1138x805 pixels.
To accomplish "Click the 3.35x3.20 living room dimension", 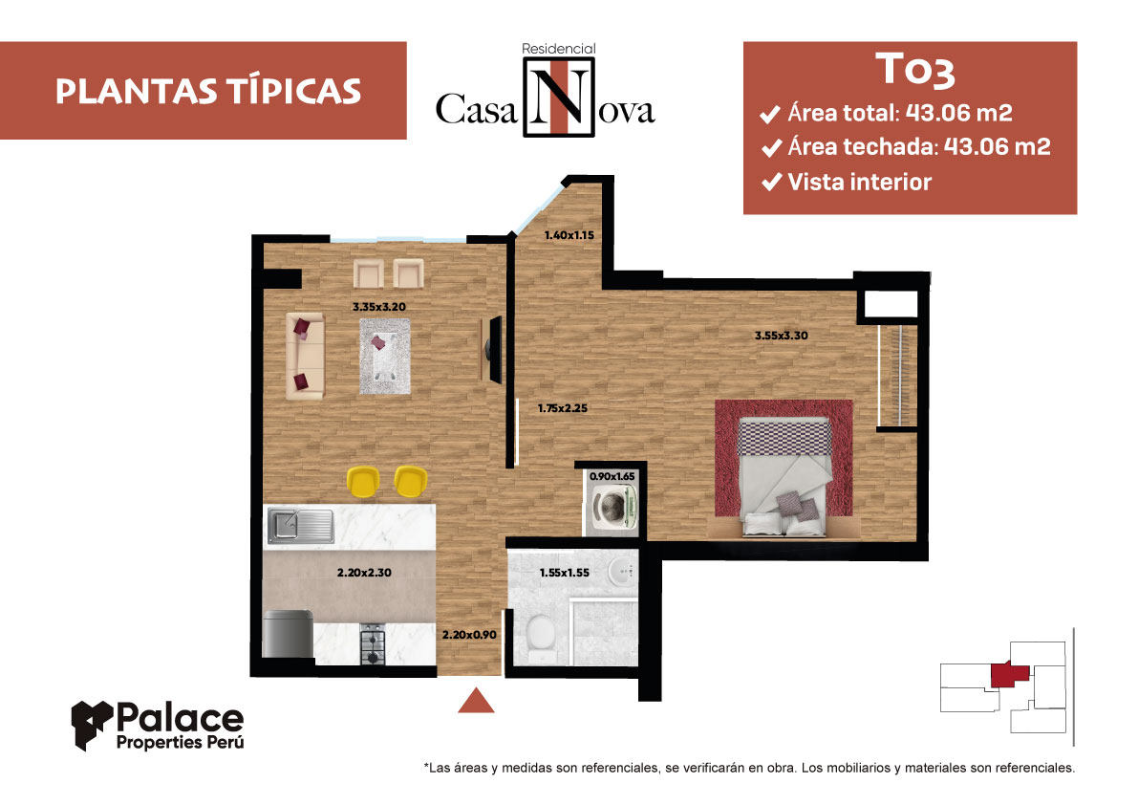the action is pyautogui.click(x=378, y=307).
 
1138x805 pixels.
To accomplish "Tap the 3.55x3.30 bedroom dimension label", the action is pyautogui.click(x=781, y=336).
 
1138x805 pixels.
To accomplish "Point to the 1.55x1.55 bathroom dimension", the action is pyautogui.click(x=564, y=573).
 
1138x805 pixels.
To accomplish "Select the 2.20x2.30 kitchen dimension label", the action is pyautogui.click(x=364, y=573).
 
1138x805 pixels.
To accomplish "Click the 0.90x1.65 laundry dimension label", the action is pyautogui.click(x=612, y=477).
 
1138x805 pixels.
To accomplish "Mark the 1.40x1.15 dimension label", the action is pyautogui.click(x=569, y=235).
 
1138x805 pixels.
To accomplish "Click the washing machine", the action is pyautogui.click(x=614, y=506).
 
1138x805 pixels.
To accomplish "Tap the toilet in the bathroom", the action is pyautogui.click(x=540, y=638).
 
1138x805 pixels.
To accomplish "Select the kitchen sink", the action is pyautogui.click(x=300, y=525).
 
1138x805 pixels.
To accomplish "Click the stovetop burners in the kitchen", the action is pyautogui.click(x=373, y=643).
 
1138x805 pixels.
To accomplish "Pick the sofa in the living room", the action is pyautogui.click(x=305, y=356).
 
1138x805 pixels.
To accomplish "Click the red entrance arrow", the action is pyautogui.click(x=476, y=700).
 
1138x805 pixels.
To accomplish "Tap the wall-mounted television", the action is pyautogui.click(x=495, y=349).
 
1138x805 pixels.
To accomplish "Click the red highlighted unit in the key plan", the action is pyautogui.click(x=1010, y=674).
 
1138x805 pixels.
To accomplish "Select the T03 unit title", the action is pyautogui.click(x=915, y=70).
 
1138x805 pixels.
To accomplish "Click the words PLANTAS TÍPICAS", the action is pyautogui.click(x=208, y=92).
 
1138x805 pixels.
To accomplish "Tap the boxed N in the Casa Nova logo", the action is pyautogui.click(x=558, y=98).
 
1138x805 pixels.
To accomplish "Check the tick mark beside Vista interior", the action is pyautogui.click(x=771, y=182).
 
